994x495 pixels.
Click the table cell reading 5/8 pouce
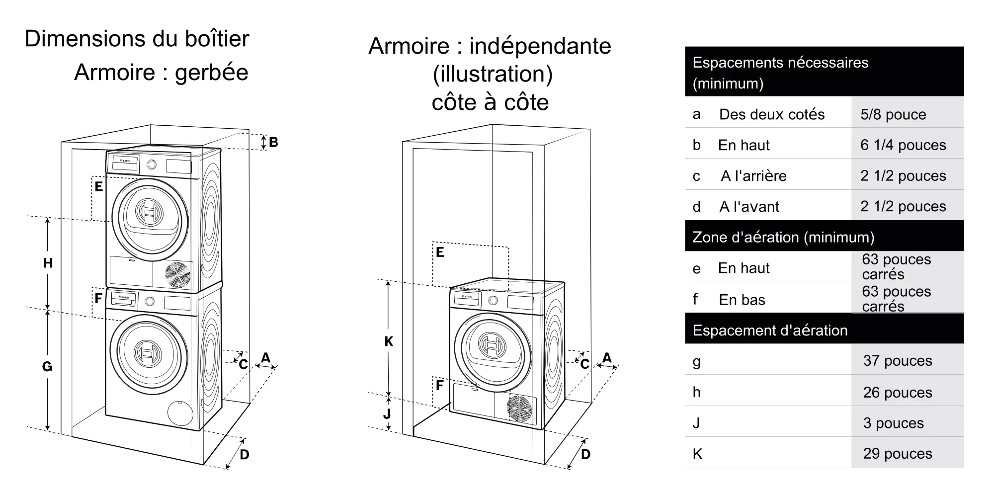pyautogui.click(x=893, y=114)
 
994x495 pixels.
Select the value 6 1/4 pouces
pyautogui.click(x=903, y=145)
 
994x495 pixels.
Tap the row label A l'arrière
pyautogui.click(x=753, y=176)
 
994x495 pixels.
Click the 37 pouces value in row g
pyautogui.click(x=898, y=361)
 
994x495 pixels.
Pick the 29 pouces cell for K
pyautogui.click(x=898, y=454)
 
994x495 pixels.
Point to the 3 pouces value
pyautogui.click(x=893, y=423)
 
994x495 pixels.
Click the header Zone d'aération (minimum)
pyautogui.click(x=783, y=237)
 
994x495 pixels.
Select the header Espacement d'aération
pyautogui.click(x=770, y=330)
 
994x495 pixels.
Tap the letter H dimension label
pyautogui.click(x=48, y=263)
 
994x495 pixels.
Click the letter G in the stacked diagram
pyautogui.click(x=47, y=367)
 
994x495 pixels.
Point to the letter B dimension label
pyautogui.click(x=273, y=142)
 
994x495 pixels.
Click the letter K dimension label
pyautogui.click(x=389, y=341)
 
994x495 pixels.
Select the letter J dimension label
pyautogui.click(x=387, y=413)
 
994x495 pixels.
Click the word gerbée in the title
pyautogui.click(x=212, y=73)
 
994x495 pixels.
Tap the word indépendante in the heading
pyautogui.click(x=540, y=46)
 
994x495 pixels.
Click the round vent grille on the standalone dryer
pyautogui.click(x=519, y=409)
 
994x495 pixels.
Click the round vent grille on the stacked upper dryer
pyautogui.click(x=178, y=275)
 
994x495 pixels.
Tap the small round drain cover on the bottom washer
pyautogui.click(x=179, y=412)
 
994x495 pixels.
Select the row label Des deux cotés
pyautogui.click(x=771, y=114)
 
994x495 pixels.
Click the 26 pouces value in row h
pyautogui.click(x=898, y=392)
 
